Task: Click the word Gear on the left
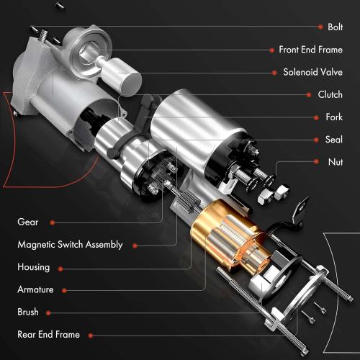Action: point(28,222)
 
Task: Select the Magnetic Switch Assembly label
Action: point(70,245)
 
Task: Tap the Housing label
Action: point(34,267)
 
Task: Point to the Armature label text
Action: point(36,289)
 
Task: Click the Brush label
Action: point(28,312)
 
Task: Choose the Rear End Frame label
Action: point(48,335)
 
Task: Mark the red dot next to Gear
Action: point(55,223)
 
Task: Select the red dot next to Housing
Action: point(61,268)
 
